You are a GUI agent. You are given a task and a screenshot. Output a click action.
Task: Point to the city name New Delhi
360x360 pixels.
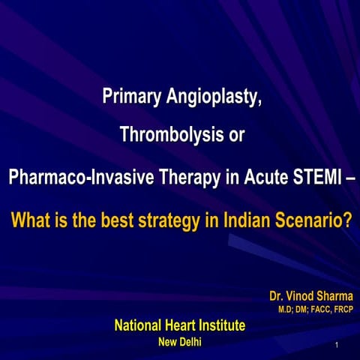180,342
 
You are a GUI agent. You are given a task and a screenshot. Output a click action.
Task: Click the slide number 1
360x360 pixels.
339,346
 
